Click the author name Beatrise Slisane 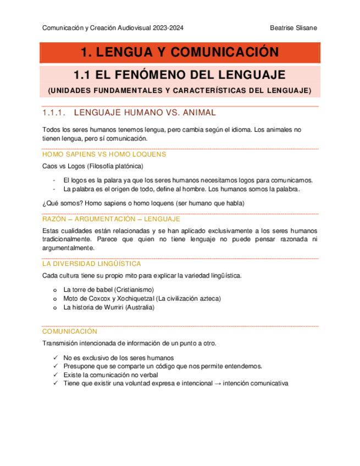(293, 28)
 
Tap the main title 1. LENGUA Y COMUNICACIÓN (180, 53)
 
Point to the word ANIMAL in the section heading (198, 113)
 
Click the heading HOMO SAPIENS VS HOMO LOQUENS (104, 154)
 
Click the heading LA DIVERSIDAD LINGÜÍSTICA (91, 264)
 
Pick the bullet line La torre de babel (108, 289)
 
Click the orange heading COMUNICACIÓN (69, 331)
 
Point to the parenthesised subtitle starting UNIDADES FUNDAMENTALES (180, 90)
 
